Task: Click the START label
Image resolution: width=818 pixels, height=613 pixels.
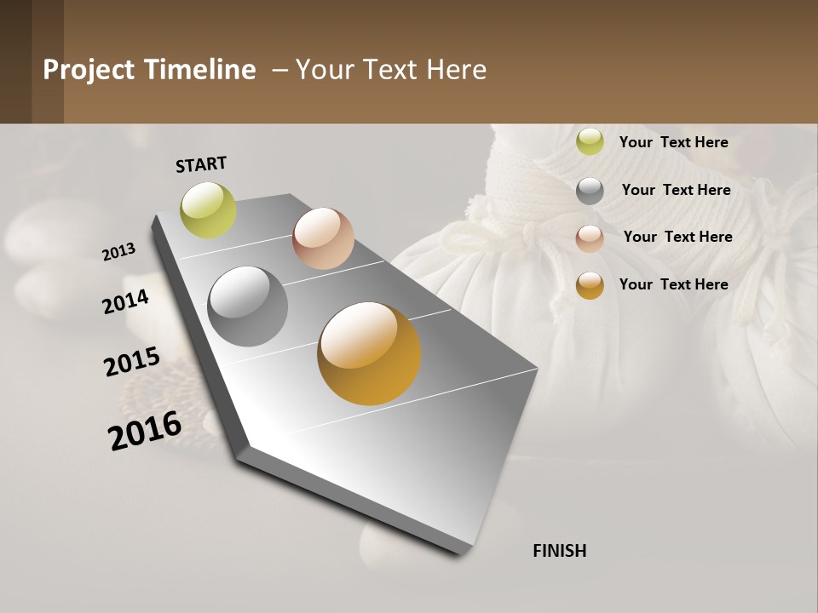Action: [x=201, y=164]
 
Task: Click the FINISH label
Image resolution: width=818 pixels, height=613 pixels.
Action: [x=559, y=551]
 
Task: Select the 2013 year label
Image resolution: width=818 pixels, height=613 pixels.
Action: [x=119, y=251]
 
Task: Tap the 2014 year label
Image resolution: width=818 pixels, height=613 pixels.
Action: [x=125, y=301]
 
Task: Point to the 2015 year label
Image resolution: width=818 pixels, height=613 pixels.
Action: [x=132, y=362]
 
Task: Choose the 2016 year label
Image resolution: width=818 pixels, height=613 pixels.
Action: [x=145, y=430]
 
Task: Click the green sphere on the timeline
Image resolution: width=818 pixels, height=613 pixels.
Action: [x=209, y=210]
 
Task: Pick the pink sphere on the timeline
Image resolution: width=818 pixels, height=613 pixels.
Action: [x=323, y=238]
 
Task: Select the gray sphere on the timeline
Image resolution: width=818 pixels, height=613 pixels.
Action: [x=247, y=306]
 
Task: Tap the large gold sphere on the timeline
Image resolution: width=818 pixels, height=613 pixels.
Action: [x=369, y=353]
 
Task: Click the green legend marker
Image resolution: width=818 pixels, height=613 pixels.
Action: [x=590, y=142]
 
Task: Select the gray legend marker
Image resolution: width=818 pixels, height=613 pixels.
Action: [x=590, y=191]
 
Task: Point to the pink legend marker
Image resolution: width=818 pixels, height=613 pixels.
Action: [x=590, y=238]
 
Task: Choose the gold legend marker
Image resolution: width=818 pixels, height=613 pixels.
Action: [x=590, y=285]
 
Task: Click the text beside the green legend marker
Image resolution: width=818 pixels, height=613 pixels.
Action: [x=673, y=142]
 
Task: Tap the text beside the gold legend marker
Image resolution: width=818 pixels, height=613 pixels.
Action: [x=673, y=284]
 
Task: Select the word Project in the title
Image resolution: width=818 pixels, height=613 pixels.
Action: [x=89, y=70]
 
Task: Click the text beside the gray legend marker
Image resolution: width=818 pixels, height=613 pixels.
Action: [x=676, y=190]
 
